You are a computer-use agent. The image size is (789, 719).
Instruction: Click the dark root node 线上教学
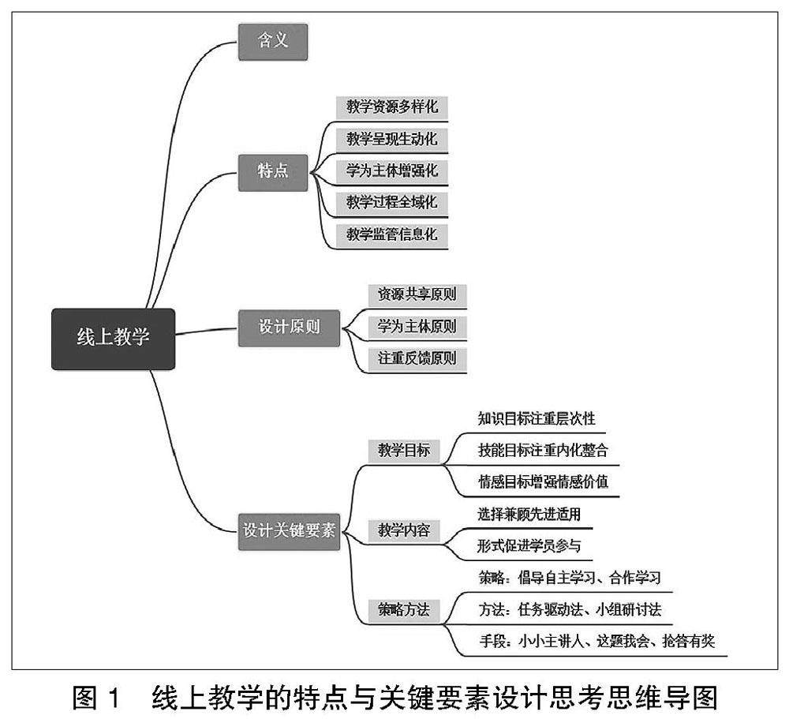pos(113,338)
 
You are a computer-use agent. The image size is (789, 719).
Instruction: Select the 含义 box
pos(273,42)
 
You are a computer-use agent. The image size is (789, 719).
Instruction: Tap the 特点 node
pos(273,170)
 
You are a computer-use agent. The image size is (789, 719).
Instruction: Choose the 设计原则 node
pos(290,327)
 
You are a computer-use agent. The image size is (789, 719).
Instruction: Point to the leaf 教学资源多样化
pos(392,107)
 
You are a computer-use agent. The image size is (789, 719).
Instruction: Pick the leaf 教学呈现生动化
pos(392,139)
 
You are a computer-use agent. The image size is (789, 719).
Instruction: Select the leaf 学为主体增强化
pos(392,170)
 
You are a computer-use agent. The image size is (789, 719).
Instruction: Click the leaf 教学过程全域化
pos(392,203)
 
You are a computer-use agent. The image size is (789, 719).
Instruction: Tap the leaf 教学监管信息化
pos(392,234)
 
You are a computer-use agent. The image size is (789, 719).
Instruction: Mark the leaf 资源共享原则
pos(417,295)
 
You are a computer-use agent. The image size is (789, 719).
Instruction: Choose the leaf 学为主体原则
pos(417,327)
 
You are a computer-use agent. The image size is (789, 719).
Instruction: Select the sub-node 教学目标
pos(403,451)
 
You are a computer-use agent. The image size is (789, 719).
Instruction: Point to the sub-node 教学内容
pos(403,530)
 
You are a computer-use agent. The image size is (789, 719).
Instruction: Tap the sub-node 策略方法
pos(403,609)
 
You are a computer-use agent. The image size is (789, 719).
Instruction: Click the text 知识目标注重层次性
pos(536,419)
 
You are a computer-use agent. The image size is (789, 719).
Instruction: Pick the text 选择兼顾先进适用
pos(529,515)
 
